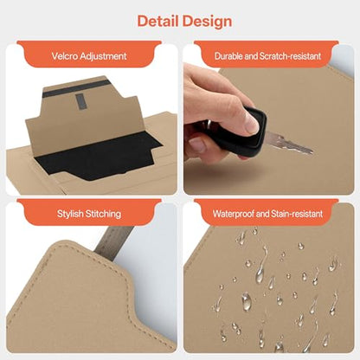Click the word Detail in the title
pos(157,21)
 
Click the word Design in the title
pos(208,22)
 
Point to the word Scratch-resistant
pos(290,56)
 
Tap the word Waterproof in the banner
pos(234,214)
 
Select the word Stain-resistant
pos(297,214)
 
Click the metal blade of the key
pos(288,143)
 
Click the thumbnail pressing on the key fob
pos(253,123)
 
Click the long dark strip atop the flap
pos(77,88)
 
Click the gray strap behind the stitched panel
pos(114,241)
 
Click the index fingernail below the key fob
pos(197,145)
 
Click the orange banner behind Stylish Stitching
pos(89,213)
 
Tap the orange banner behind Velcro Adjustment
pos(89,55)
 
